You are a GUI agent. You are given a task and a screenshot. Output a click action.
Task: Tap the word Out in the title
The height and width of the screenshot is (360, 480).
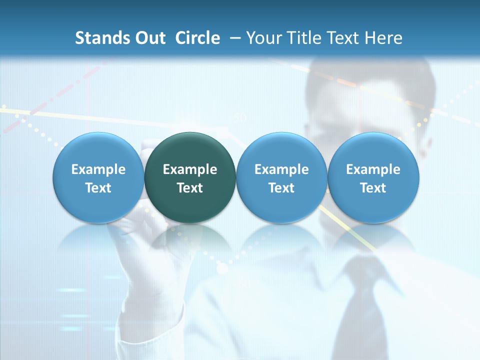pyautogui.click(x=148, y=38)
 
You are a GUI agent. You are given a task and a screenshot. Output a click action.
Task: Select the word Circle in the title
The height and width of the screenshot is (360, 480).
pyautogui.click(x=197, y=38)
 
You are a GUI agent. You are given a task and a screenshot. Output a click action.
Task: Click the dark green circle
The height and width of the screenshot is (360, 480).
pyautogui.click(x=190, y=177)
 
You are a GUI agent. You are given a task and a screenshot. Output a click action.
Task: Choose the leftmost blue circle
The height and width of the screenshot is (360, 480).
pyautogui.click(x=98, y=177)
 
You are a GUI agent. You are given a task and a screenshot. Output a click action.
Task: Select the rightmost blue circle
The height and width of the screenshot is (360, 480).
pyautogui.click(x=373, y=177)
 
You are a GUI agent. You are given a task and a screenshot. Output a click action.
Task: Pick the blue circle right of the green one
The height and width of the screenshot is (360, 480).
pyautogui.click(x=281, y=177)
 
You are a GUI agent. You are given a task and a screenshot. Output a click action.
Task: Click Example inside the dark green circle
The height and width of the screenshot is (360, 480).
pyautogui.click(x=190, y=169)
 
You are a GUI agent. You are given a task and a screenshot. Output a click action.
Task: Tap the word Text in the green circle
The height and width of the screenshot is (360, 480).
pyautogui.click(x=190, y=188)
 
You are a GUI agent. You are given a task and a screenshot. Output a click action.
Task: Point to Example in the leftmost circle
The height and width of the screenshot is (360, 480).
pyautogui.click(x=98, y=169)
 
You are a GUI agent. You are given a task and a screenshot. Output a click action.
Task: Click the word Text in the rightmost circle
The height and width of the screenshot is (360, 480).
pyautogui.click(x=373, y=188)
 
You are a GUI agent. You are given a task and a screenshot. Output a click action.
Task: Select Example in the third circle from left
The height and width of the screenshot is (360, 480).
pyautogui.click(x=281, y=169)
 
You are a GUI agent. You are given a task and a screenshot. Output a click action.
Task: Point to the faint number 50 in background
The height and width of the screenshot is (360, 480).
pyautogui.click(x=240, y=118)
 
